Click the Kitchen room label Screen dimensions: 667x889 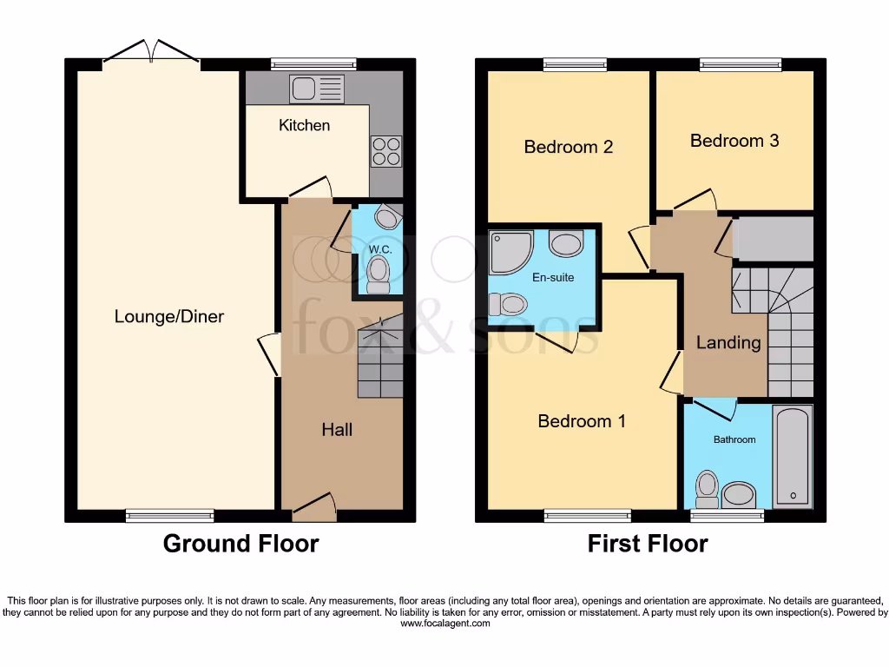coord(304,125)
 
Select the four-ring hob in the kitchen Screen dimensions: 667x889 coord(385,152)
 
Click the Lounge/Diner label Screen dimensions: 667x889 coord(169,316)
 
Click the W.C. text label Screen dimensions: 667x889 coord(379,249)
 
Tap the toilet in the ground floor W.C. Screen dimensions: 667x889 coord(379,274)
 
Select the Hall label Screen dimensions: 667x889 coord(337,429)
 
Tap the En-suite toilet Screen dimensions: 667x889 coord(509,304)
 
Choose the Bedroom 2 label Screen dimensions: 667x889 coord(568,147)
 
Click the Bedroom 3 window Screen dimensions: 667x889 coord(741,63)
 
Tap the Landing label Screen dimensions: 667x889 coord(728,342)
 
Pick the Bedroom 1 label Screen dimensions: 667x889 coord(582,421)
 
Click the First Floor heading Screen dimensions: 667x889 coord(648,544)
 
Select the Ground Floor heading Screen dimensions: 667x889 coord(241,544)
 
